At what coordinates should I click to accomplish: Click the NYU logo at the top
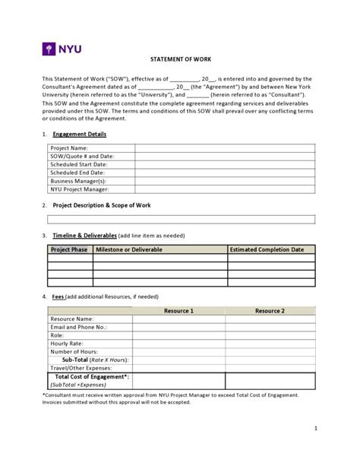point(62,50)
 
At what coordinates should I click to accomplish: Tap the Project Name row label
point(69,147)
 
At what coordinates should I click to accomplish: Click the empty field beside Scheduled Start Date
point(224,164)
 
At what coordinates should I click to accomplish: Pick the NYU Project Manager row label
point(79,189)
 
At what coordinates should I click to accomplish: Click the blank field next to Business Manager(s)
point(224,181)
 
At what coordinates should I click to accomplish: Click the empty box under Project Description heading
point(181,220)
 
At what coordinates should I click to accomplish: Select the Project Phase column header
point(69,249)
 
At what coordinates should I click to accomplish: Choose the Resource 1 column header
point(178,311)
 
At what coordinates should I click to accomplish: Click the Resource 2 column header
point(270,311)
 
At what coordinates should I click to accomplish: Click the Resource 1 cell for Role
point(178,335)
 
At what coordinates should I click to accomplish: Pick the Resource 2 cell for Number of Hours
point(270,352)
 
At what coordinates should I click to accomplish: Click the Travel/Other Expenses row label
point(81,368)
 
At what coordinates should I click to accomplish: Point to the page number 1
point(314,450)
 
